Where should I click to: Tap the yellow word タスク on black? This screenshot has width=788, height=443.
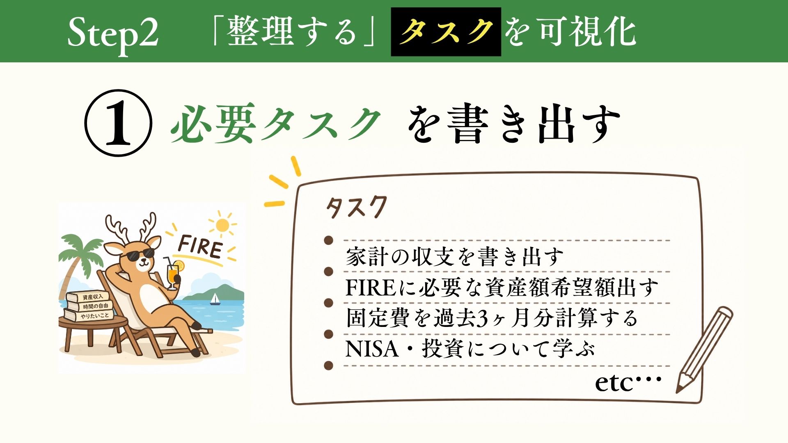coord(446,32)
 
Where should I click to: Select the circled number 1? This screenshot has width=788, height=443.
coord(118,123)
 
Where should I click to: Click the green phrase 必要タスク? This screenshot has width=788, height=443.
coord(275,123)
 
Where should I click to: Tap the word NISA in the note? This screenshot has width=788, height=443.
coord(372,349)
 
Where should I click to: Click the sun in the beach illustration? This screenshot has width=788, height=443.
coord(222,225)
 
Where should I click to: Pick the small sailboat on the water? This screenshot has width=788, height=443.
coord(215,299)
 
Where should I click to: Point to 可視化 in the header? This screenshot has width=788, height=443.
coord(587,32)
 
